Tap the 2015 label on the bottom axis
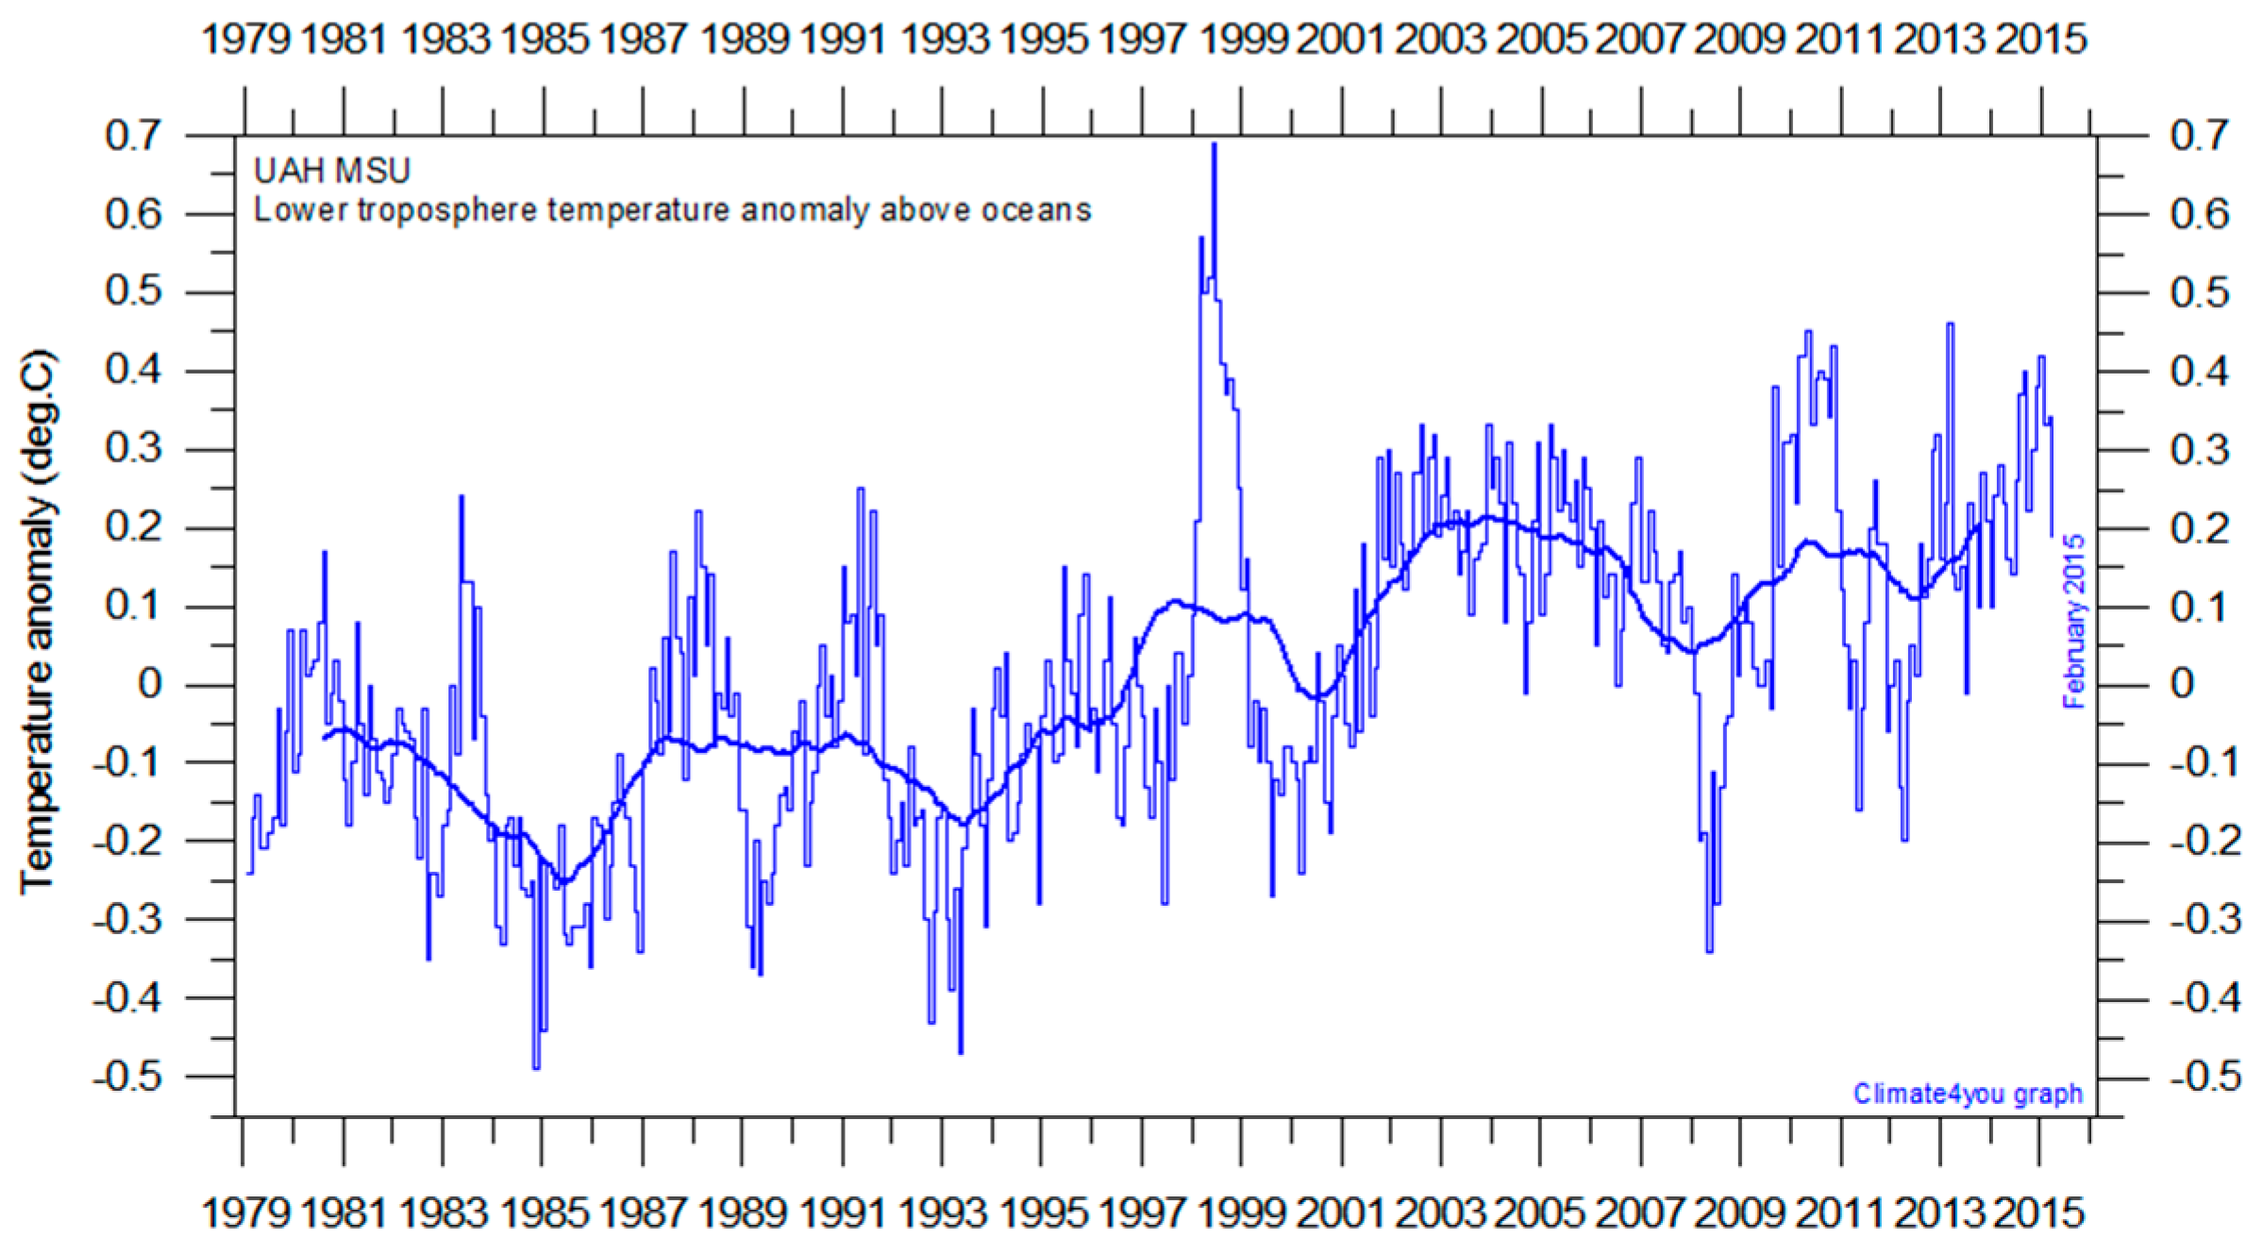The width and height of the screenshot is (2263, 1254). click(x=2039, y=1212)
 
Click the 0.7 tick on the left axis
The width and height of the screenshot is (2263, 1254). click(x=133, y=137)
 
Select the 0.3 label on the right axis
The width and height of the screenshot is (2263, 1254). click(x=2200, y=450)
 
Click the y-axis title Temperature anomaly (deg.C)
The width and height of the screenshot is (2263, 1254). click(x=38, y=623)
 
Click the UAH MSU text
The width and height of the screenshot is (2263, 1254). click(x=332, y=171)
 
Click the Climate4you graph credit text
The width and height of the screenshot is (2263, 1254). click(x=1967, y=1094)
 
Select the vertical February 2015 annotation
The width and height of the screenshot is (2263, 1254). click(x=2073, y=622)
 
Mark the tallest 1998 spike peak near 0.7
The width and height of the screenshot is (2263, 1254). click(x=1215, y=144)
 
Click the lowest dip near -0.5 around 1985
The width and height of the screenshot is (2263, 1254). click(x=536, y=1066)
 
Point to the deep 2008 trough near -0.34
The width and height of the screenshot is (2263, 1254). click(x=1709, y=949)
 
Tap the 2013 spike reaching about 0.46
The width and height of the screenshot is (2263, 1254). click(x=1950, y=325)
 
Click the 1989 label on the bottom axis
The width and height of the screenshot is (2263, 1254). click(x=745, y=1212)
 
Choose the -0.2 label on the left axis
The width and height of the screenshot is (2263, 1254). click(x=127, y=841)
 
